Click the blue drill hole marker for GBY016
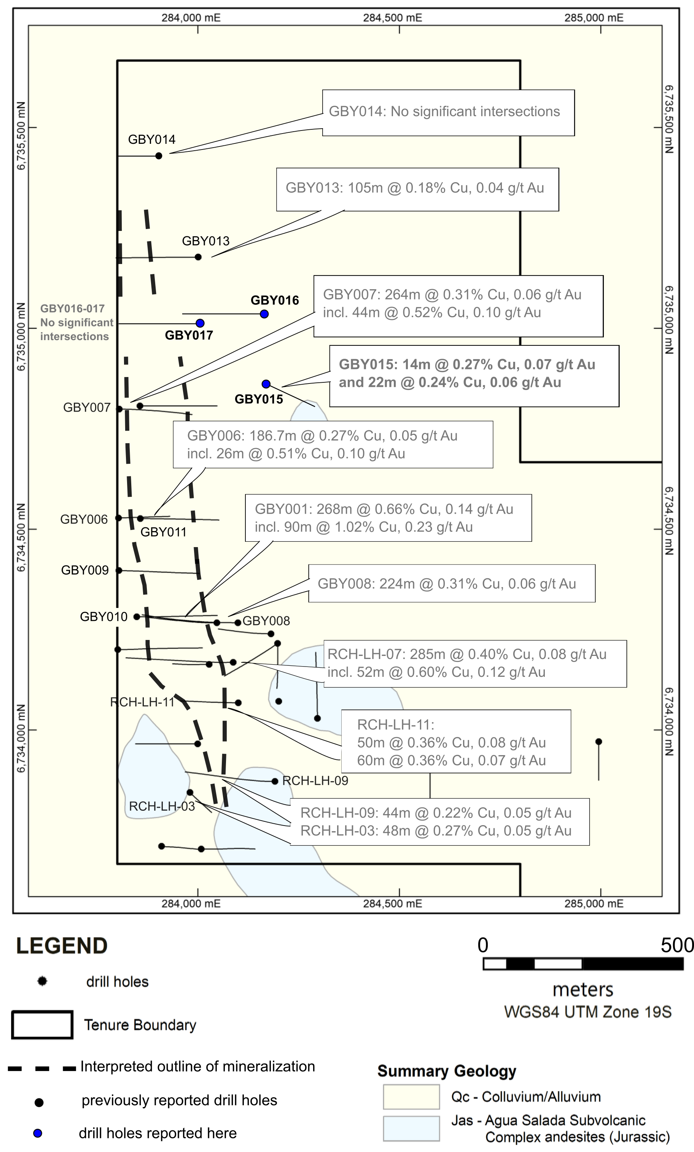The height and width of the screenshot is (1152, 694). [264, 314]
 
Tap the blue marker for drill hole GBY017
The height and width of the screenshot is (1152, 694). [200, 323]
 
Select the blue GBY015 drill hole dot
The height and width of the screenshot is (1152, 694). [266, 384]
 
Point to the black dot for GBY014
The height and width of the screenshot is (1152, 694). [159, 156]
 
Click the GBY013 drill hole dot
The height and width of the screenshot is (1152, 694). [198, 257]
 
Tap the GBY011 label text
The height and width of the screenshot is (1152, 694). [163, 532]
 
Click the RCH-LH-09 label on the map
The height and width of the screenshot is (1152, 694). [315, 781]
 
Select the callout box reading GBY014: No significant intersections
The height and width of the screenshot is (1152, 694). [448, 113]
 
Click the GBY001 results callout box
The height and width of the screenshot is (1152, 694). [388, 517]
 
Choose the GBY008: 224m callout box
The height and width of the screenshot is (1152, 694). [452, 583]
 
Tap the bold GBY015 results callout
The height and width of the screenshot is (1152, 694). [474, 376]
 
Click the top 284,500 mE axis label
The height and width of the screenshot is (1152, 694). [392, 18]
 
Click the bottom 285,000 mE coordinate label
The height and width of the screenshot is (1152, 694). [594, 903]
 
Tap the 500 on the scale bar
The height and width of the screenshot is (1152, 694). [677, 945]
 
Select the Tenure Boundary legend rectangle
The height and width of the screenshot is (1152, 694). [42, 1025]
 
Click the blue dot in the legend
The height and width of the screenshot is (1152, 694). [38, 1133]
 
